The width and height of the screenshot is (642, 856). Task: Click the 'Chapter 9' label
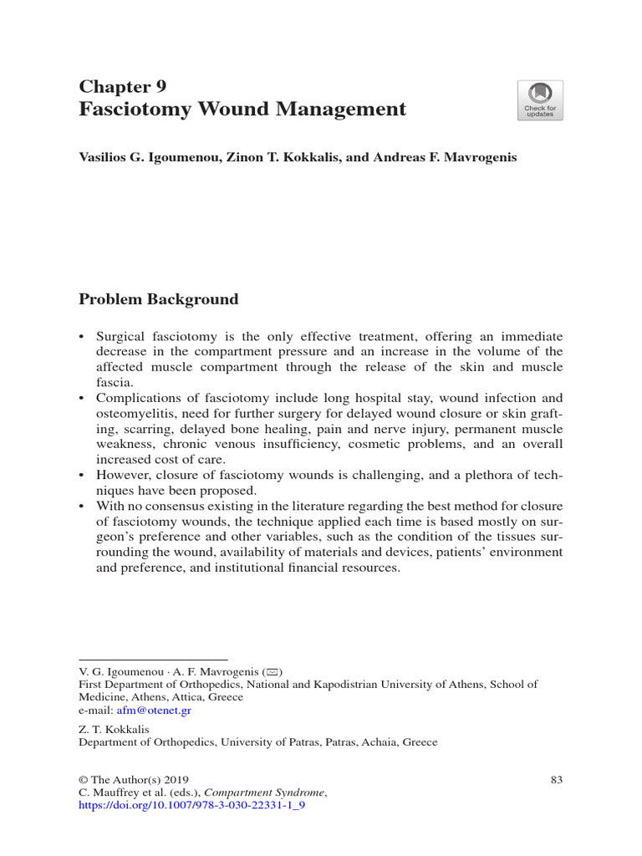point(122,86)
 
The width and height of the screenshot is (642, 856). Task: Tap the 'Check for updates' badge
point(540,100)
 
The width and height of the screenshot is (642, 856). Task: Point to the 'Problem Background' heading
point(158,299)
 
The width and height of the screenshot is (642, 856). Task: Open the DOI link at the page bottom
point(191,808)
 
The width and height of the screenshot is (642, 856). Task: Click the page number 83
point(557,780)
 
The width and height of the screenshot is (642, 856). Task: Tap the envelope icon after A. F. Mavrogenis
point(273,671)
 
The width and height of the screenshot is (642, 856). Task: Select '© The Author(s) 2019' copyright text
point(134,780)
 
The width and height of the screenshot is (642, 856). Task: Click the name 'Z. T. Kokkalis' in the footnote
point(114,729)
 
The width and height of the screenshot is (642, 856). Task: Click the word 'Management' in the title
point(338,110)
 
